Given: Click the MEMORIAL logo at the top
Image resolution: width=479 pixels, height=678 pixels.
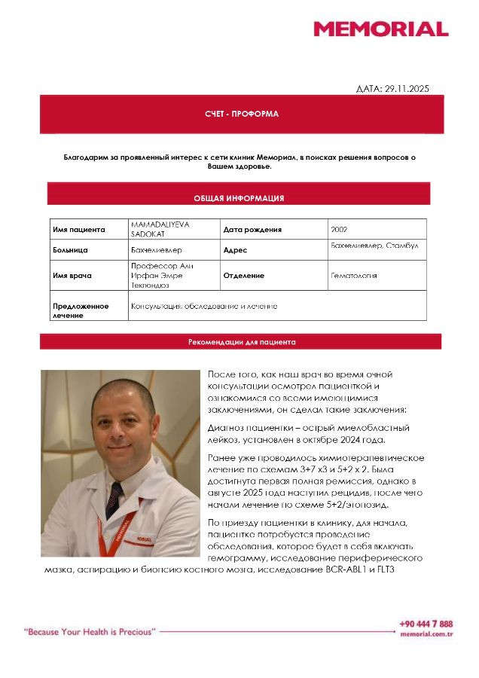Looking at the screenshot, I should [x=380, y=29].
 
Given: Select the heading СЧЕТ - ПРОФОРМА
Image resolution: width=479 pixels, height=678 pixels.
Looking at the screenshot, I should [x=241, y=114].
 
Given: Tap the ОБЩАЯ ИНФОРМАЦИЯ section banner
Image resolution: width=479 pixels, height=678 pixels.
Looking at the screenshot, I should [x=238, y=198].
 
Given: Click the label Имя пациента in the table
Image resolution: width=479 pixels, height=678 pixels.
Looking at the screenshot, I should [x=78, y=230].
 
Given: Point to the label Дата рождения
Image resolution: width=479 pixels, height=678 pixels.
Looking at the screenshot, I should [x=252, y=230].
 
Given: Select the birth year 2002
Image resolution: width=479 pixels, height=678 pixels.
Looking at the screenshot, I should [x=339, y=230].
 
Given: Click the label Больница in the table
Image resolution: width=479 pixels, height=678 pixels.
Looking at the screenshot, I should [x=70, y=249].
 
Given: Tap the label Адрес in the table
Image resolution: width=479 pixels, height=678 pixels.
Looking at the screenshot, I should [x=235, y=250].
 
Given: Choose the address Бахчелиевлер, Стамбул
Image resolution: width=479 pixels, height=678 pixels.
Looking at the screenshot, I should [x=374, y=246].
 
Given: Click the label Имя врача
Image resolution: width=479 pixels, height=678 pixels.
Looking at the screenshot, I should [x=72, y=276].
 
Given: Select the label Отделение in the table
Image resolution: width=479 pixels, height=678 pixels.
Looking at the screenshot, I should [x=243, y=276].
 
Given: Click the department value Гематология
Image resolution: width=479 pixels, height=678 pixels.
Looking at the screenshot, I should [x=353, y=276].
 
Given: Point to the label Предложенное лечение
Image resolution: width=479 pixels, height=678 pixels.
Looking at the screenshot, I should [x=80, y=310].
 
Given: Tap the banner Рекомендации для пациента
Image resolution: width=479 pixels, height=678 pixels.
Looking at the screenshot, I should [x=241, y=342].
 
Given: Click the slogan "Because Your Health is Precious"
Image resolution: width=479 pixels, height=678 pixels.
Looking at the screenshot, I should [x=90, y=631].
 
